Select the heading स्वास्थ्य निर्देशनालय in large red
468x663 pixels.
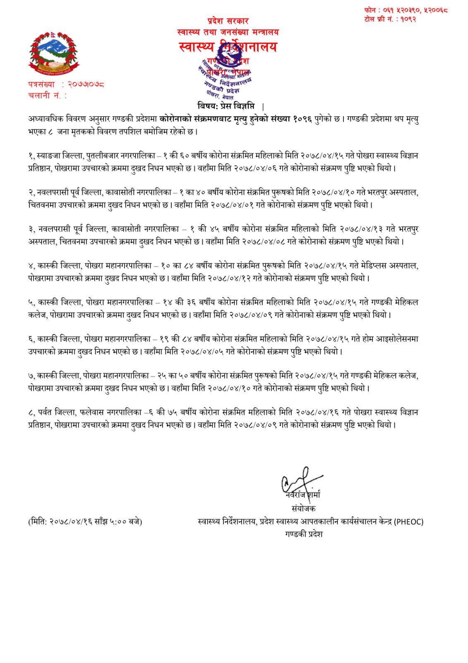[x=228, y=47]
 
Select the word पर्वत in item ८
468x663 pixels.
[x=49, y=412]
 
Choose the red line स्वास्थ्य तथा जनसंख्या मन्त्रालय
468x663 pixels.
[x=228, y=31]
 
